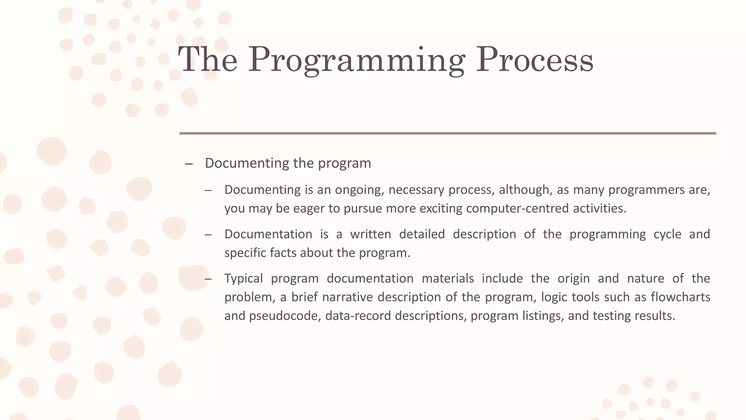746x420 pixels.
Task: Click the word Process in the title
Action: (x=535, y=59)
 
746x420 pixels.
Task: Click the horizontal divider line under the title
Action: (x=448, y=133)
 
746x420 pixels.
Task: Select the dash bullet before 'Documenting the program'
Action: (x=189, y=164)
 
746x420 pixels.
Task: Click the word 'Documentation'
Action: (x=268, y=234)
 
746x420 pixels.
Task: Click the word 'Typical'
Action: (x=243, y=279)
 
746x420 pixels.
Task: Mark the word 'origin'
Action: (x=573, y=279)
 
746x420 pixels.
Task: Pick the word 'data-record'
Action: (x=358, y=316)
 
